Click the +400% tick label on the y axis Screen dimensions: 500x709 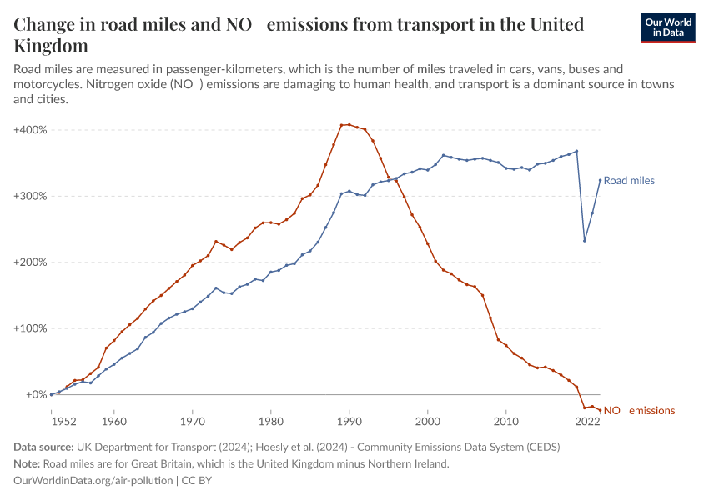31,130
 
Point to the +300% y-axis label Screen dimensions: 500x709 31,196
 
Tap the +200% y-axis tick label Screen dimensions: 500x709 31,262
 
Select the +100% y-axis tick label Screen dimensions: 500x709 31,328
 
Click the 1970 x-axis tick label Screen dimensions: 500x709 193,422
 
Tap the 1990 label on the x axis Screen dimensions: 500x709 349,422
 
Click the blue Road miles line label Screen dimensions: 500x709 629,181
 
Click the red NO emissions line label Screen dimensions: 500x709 639,411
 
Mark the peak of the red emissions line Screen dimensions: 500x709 349,124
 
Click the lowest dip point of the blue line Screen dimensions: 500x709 585,241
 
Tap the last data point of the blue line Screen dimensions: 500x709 600,180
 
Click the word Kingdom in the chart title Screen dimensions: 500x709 51,45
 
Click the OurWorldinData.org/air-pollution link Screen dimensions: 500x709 94,481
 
